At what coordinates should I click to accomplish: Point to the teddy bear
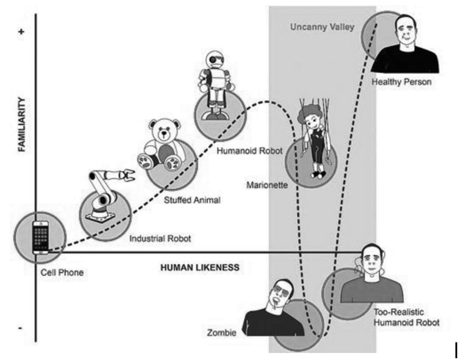(x=158, y=145)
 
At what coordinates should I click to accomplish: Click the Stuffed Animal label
(x=192, y=200)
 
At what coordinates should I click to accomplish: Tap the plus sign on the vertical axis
(x=22, y=32)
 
